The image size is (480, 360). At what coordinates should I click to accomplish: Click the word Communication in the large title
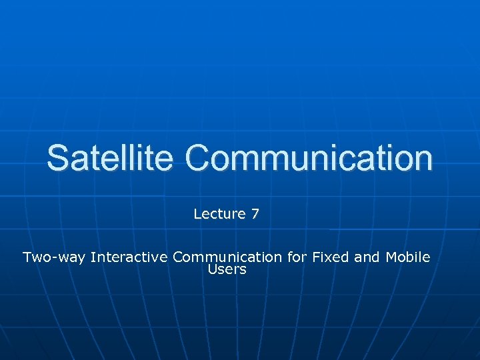(309, 158)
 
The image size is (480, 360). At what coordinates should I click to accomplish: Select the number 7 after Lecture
(255, 214)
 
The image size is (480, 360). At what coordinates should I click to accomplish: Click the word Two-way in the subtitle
(54, 257)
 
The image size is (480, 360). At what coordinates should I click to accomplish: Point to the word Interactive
(129, 257)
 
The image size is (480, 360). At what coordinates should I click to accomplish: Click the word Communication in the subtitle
(227, 257)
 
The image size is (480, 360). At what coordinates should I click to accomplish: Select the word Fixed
(329, 257)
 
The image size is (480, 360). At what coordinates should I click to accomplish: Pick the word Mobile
(408, 257)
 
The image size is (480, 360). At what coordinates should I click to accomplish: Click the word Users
(227, 270)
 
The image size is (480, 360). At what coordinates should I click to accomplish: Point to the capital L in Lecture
(197, 214)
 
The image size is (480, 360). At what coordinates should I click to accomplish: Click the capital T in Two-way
(27, 257)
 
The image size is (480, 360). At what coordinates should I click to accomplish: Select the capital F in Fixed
(313, 257)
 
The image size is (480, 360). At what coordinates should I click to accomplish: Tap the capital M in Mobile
(391, 257)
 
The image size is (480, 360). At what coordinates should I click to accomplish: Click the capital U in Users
(213, 270)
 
